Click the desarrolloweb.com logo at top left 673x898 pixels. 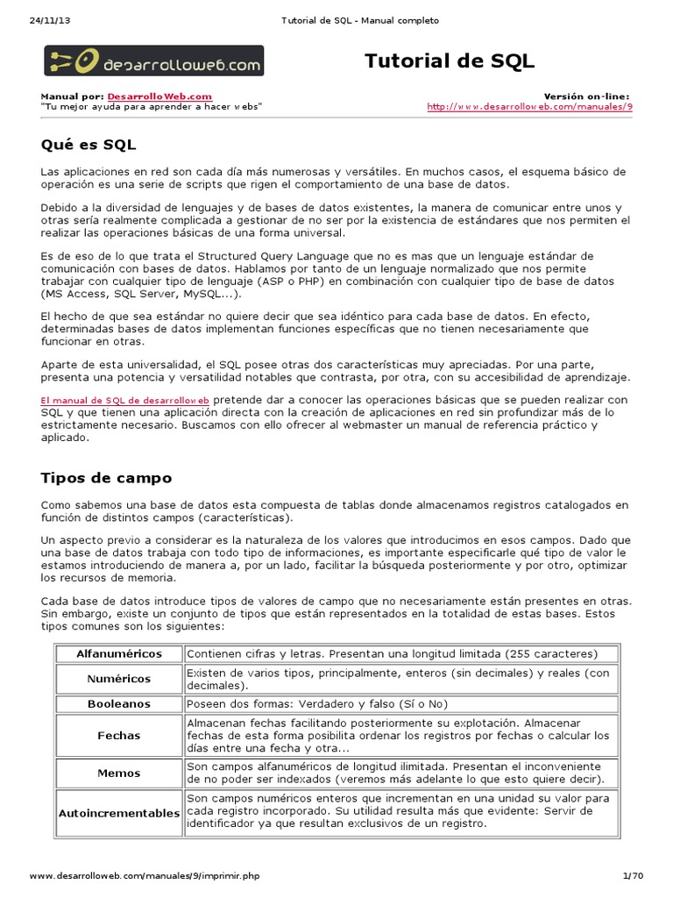[153, 61]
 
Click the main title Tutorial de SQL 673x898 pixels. [450, 61]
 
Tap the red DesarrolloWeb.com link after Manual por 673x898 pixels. [159, 96]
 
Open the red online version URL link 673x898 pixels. [529, 106]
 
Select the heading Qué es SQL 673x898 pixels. [89, 143]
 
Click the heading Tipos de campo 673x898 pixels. [106, 478]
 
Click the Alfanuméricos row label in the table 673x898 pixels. [119, 654]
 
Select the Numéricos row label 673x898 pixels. [119, 679]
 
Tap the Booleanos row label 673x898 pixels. [119, 703]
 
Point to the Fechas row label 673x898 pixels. [119, 736]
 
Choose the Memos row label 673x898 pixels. [119, 773]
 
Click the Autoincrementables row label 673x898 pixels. [119, 813]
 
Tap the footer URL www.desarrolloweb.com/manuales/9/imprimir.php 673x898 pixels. [145, 876]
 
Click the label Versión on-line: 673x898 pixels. [586, 96]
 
